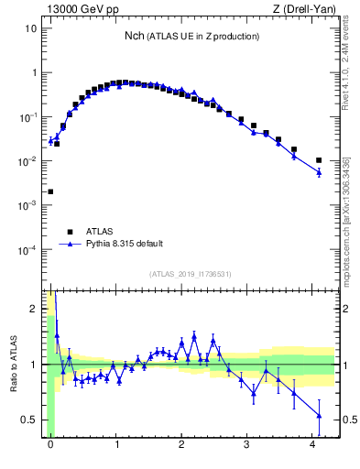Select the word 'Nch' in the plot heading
point(135,36)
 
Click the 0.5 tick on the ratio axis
point(29,420)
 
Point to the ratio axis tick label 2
point(34,309)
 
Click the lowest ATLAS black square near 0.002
point(50,192)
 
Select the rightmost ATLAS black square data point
point(319,160)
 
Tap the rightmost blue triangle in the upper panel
point(319,172)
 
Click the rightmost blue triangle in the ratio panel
point(319,416)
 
